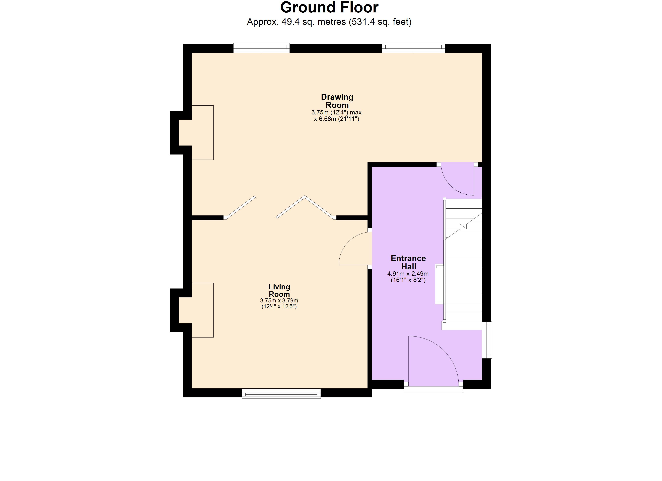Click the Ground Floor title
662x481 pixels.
[x=329, y=8]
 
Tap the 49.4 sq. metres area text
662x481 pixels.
[x=329, y=22]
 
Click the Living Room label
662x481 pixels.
[x=279, y=291]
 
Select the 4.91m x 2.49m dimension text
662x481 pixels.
[x=408, y=274]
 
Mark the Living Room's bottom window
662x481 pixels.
[x=281, y=394]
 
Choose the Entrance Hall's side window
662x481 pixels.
[x=487, y=340]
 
